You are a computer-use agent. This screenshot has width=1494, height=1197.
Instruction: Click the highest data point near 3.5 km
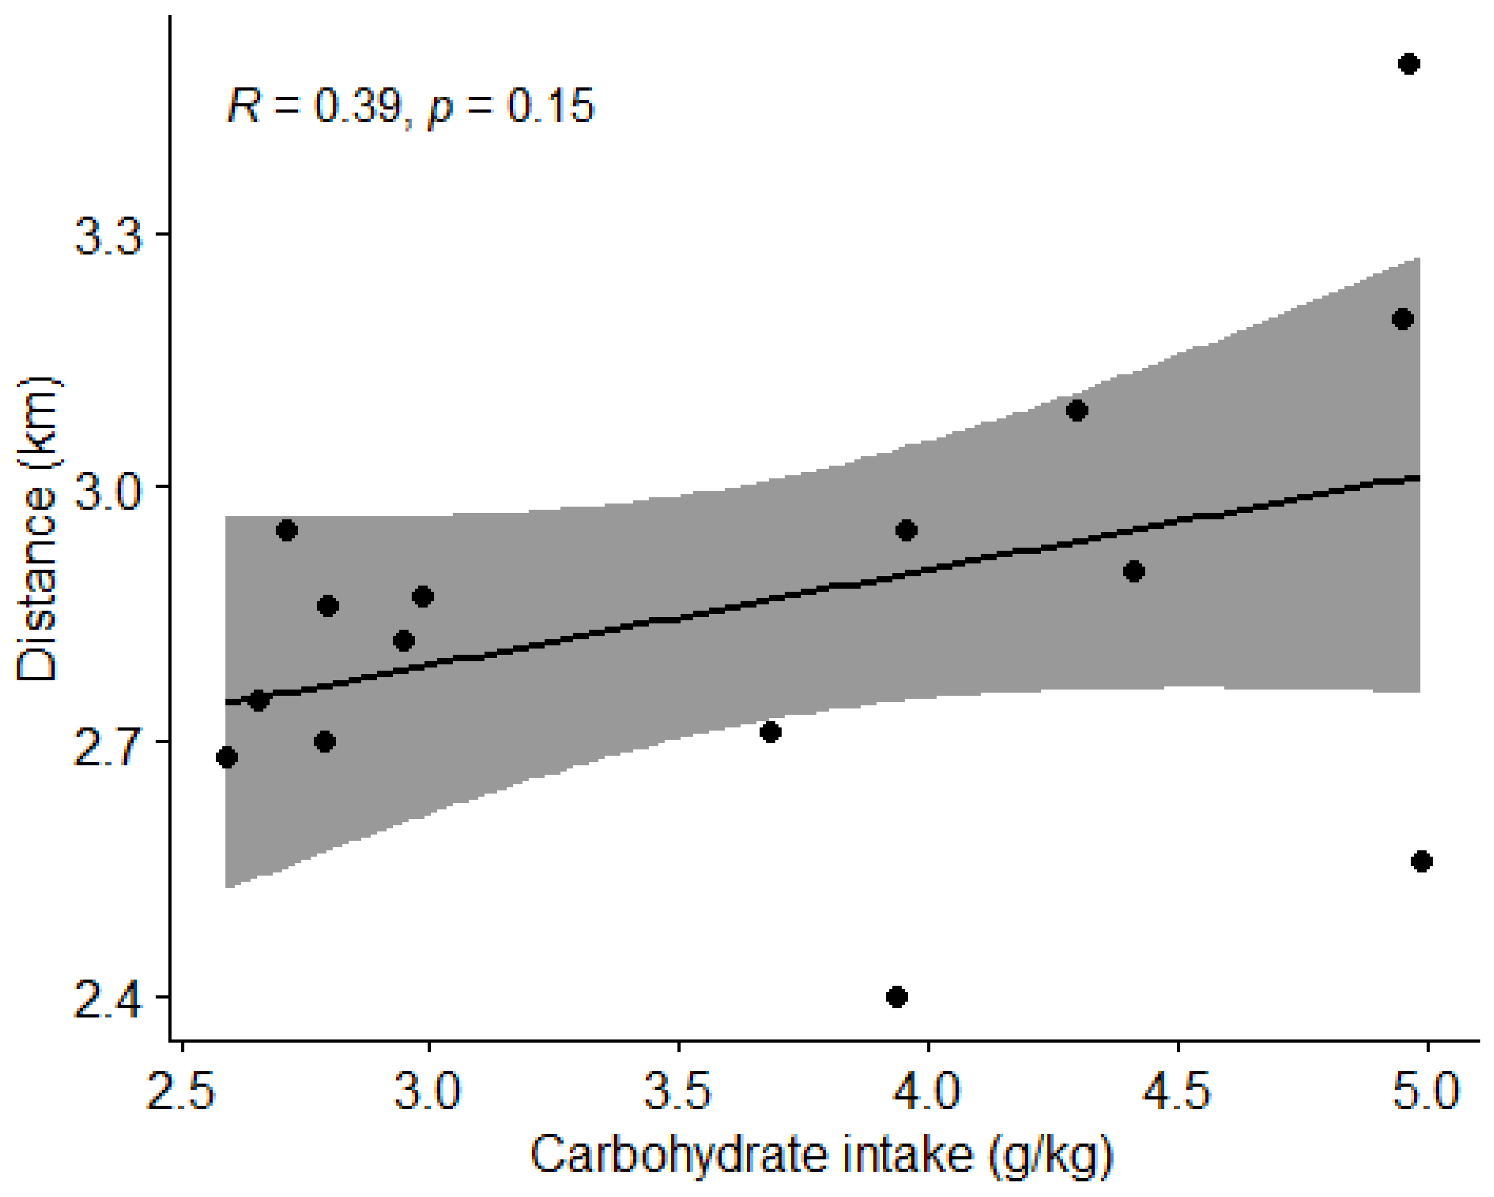1408,64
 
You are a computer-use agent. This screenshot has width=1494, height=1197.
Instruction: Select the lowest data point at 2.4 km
897,997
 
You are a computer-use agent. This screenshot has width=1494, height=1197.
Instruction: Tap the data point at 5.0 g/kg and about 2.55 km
1421,861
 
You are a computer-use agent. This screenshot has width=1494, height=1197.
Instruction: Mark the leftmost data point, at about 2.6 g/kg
227,757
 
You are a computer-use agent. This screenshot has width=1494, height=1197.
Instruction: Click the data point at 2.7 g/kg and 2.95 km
287,531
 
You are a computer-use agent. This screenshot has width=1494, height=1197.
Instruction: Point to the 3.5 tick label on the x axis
677,1093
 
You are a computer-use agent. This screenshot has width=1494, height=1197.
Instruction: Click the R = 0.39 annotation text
315,107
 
